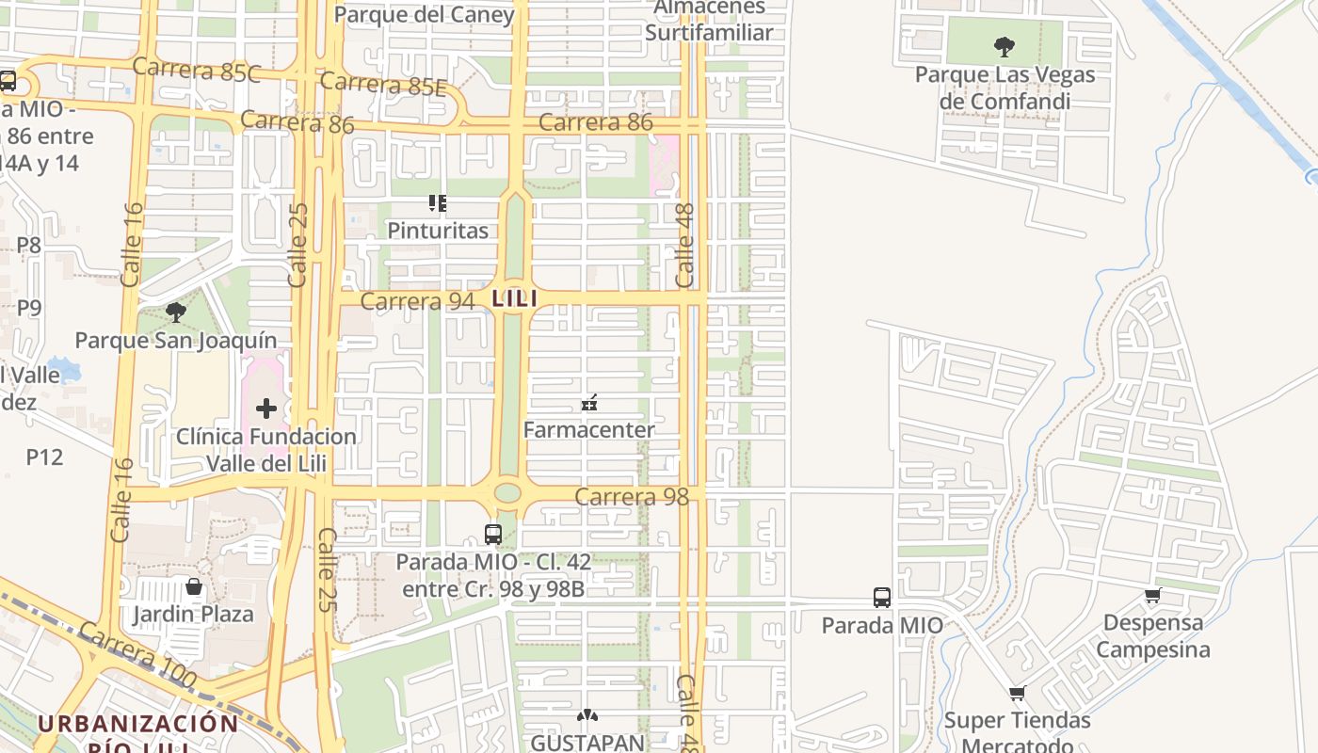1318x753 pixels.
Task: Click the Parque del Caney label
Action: [424, 14]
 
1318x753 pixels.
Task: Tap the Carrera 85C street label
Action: [196, 70]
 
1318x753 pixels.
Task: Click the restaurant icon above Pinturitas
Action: [437, 202]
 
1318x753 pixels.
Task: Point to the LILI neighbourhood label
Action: [514, 298]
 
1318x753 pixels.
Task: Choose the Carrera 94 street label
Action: [417, 301]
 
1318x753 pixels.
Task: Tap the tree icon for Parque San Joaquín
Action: [175, 312]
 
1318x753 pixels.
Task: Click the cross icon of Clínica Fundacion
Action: [266, 408]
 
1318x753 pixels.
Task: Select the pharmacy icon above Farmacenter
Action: [589, 403]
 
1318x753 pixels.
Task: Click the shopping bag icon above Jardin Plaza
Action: [194, 586]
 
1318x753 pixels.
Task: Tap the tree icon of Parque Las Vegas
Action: [1005, 45]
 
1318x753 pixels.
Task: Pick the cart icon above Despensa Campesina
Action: [1152, 595]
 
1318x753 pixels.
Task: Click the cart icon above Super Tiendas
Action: [1017, 694]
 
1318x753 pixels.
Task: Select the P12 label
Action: [44, 457]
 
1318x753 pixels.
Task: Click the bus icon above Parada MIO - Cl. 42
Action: [492, 534]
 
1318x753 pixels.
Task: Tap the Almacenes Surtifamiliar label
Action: [709, 21]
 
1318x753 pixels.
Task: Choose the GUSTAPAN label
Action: [587, 742]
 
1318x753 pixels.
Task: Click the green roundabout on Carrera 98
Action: [507, 493]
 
